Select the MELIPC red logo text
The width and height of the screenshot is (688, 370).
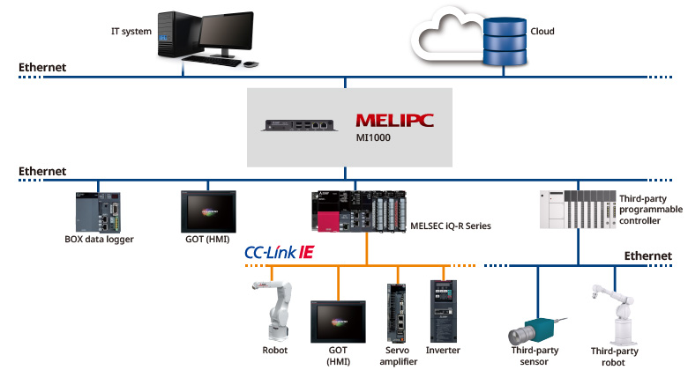coord(396,120)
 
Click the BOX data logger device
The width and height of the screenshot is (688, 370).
coord(97,212)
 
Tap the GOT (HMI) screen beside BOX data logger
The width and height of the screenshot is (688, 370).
coord(206,211)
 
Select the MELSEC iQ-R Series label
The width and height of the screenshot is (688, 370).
coord(449,226)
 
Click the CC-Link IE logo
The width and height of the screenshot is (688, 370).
coord(279,253)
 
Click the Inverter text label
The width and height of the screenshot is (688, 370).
coord(443,351)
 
